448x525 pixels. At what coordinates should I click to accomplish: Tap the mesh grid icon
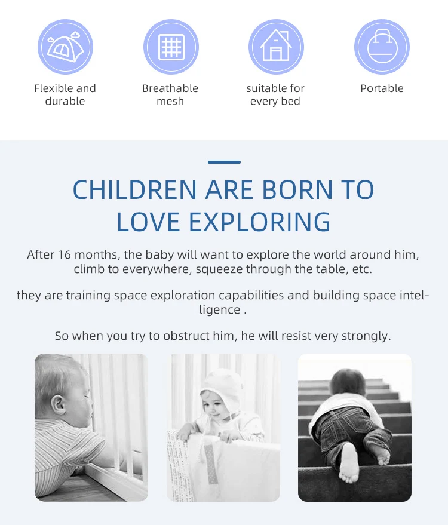pyautogui.click(x=171, y=47)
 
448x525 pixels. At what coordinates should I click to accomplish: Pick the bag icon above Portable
pyautogui.click(x=382, y=47)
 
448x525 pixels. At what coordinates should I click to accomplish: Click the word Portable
pyautogui.click(x=382, y=88)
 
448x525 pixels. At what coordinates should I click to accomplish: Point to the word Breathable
pyautogui.click(x=170, y=88)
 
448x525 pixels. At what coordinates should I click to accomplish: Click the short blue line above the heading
pyautogui.click(x=224, y=162)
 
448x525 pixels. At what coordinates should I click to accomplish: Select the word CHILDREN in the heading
pyautogui.click(x=134, y=190)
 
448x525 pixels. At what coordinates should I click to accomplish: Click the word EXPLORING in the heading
pyautogui.click(x=259, y=222)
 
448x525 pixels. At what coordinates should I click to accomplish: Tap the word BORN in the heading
pyautogui.click(x=297, y=190)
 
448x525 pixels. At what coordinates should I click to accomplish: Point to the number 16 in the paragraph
pyautogui.click(x=64, y=255)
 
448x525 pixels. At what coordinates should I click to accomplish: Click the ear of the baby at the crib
pyautogui.click(x=59, y=404)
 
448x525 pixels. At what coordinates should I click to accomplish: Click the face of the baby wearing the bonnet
pyautogui.click(x=214, y=407)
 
